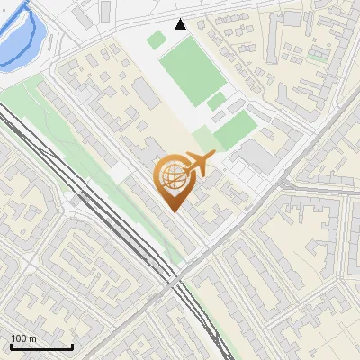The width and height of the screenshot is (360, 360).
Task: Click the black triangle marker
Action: pos(181,24)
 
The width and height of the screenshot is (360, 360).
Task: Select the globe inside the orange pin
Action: pos(170,177)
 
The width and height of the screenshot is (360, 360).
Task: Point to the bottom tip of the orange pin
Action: pos(173,211)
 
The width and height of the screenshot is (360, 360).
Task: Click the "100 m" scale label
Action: pos(23,338)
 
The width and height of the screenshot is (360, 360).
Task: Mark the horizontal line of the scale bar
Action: pos(41,346)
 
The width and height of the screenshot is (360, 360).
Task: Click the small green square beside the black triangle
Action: pos(157,40)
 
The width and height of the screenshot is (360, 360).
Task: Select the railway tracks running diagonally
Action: pos(108,216)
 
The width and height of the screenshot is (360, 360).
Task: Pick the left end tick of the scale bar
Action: pos(11,345)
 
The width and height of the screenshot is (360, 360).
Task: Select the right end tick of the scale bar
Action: pos(72,345)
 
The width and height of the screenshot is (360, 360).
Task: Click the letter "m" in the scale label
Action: pos(32,338)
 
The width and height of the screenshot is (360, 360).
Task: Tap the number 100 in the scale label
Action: pos(19,338)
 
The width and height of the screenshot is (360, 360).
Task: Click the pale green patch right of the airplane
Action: pos(236,131)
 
